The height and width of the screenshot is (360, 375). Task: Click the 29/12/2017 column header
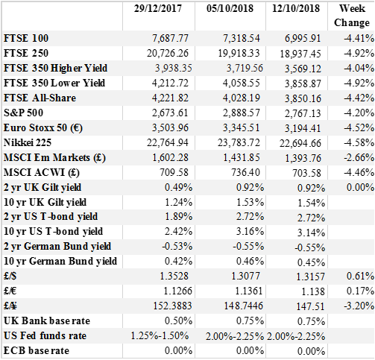point(158,8)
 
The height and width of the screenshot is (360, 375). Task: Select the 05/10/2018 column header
point(230,8)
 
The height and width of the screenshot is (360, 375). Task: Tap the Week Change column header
point(352,16)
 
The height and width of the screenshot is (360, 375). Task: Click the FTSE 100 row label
point(26,38)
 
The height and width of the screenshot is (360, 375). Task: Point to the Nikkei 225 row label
point(28,142)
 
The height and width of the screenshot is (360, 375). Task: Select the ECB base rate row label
point(37,350)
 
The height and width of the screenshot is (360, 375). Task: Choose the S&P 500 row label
point(23,113)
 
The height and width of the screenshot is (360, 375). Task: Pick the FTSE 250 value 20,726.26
point(168,53)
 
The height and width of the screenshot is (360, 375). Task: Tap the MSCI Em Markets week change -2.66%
point(359,157)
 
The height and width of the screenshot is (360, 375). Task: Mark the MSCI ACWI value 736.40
point(245,172)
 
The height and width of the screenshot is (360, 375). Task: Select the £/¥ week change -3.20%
point(359,306)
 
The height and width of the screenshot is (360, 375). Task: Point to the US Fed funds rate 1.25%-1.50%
point(160,335)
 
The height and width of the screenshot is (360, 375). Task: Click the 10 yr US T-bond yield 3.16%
point(250,231)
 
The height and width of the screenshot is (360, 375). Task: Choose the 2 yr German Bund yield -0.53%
point(177,246)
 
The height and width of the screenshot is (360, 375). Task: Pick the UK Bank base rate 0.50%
point(178,320)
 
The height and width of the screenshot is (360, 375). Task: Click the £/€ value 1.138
point(313,291)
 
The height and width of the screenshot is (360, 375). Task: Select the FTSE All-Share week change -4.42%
point(359,98)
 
